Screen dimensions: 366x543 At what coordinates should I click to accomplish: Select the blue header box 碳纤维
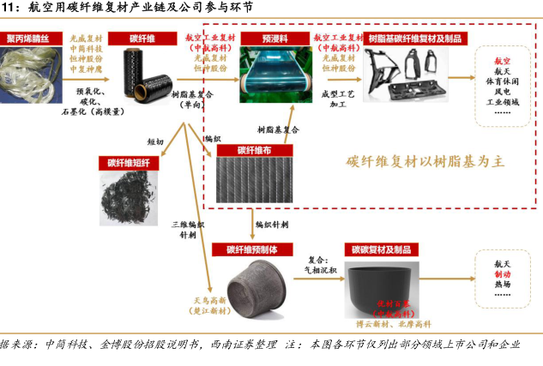point(143,39)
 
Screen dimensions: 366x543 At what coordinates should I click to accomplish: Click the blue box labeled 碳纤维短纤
point(129,161)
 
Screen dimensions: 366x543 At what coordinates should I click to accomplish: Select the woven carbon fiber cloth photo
point(249,180)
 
